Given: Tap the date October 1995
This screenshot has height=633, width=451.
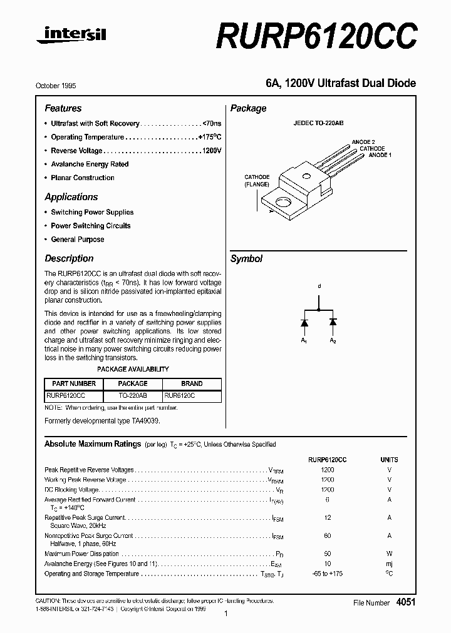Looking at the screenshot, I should click(60, 86).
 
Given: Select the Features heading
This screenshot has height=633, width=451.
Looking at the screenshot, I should click(63, 108).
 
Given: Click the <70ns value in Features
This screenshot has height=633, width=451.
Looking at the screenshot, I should click(212, 124).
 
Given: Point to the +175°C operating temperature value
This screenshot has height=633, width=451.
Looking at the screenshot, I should click(209, 137).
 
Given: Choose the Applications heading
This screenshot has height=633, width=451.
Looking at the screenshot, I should click(71, 196).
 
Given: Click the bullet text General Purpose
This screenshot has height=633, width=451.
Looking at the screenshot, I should click(78, 240).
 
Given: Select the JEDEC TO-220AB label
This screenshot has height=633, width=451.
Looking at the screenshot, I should click(318, 124).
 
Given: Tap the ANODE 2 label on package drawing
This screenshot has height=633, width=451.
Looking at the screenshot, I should click(363, 143).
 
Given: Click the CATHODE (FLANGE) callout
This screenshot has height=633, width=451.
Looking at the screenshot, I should click(257, 181).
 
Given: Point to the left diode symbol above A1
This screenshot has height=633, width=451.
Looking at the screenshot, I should click(304, 322).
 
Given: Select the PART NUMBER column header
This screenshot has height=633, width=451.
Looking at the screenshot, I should click(74, 383).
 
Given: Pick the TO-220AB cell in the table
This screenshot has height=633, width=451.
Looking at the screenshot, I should click(133, 396).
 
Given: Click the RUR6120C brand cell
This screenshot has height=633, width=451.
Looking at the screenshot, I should click(180, 396).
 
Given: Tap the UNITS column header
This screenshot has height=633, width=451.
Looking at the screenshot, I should click(389, 459).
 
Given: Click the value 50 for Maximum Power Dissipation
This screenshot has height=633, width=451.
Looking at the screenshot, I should click(327, 554).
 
